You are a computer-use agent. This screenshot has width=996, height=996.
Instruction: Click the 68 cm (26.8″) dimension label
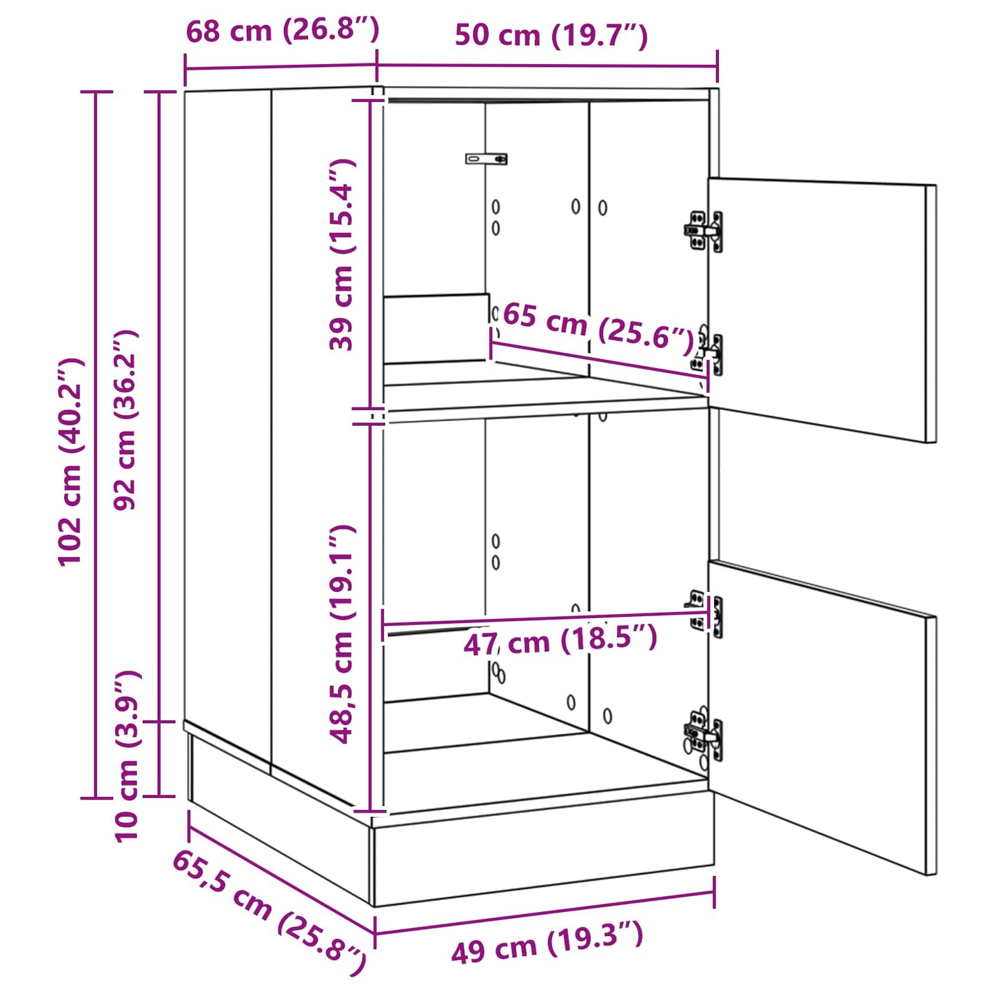[x=283, y=30]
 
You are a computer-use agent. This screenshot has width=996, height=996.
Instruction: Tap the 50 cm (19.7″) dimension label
[x=551, y=35]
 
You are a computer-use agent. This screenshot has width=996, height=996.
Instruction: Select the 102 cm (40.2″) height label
[x=71, y=462]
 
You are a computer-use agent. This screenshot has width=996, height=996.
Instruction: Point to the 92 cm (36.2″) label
[x=126, y=420]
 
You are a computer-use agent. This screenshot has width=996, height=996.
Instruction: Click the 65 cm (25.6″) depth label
[x=598, y=326]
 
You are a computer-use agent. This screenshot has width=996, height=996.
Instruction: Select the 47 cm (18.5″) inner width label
[x=560, y=641]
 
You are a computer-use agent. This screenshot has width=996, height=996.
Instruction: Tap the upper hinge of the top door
[x=704, y=231]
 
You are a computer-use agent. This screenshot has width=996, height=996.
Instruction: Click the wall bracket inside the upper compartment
[x=487, y=159]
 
